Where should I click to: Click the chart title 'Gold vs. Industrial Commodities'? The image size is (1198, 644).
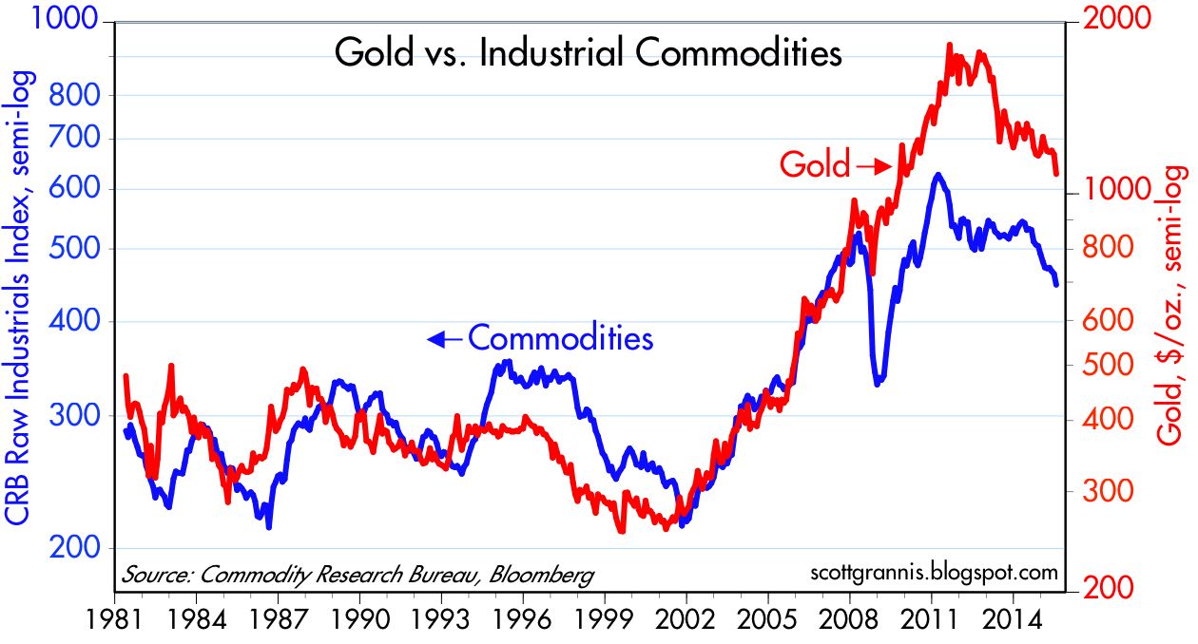(x=588, y=53)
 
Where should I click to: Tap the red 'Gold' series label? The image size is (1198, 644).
(x=815, y=165)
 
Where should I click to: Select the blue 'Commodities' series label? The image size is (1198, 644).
(x=561, y=338)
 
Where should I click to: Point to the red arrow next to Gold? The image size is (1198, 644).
(x=872, y=166)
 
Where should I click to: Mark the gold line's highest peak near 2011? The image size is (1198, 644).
(x=951, y=46)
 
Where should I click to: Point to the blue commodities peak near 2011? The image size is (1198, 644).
(x=937, y=176)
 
